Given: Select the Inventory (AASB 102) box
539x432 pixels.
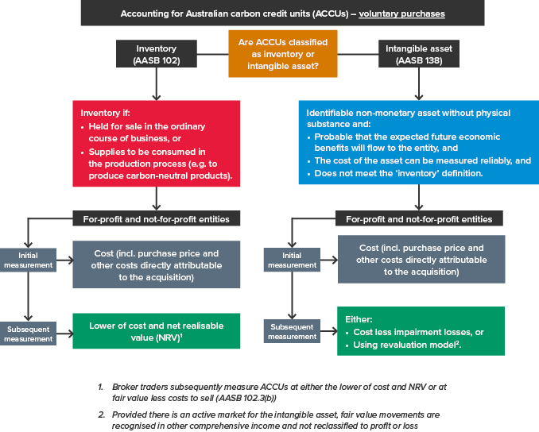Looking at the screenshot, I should coord(156,54).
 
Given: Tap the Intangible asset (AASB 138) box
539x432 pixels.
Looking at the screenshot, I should coord(418,54).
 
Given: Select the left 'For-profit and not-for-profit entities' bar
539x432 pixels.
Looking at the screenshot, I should coord(156,219).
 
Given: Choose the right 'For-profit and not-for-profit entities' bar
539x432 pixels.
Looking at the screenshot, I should coord(418,219).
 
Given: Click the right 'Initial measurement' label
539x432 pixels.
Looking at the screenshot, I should coord(292,260).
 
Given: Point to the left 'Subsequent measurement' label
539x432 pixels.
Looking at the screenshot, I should coord(29,334).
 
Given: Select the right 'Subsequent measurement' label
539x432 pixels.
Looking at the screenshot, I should coord(292,331).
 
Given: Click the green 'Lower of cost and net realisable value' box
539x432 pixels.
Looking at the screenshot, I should coord(156,330).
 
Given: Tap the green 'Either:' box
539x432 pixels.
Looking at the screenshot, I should coord(420,331).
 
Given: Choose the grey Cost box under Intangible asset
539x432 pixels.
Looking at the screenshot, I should coord(420,260).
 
